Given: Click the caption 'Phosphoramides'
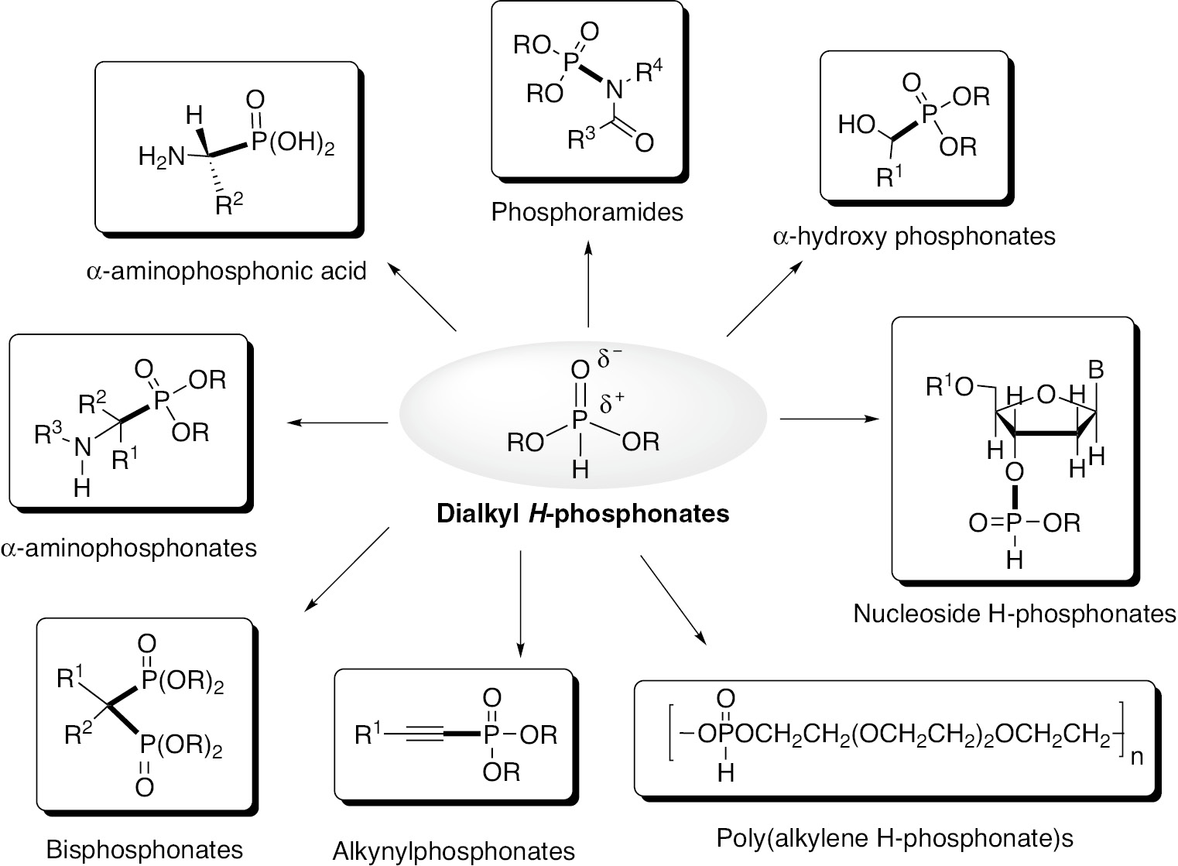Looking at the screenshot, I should [x=587, y=211].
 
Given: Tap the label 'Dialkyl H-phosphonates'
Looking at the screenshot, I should [x=583, y=513].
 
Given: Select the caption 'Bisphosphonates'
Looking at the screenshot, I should [x=145, y=848].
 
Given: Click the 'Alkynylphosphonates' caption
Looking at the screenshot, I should [x=454, y=851].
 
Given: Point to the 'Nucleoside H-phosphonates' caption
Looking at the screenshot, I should [x=1014, y=614].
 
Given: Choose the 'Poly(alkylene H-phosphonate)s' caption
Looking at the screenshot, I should [x=895, y=837].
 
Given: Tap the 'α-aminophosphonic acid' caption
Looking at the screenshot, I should [x=226, y=272].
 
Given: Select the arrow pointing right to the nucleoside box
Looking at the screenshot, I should [x=830, y=419].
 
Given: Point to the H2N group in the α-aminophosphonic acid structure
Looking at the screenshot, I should [x=162, y=157].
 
